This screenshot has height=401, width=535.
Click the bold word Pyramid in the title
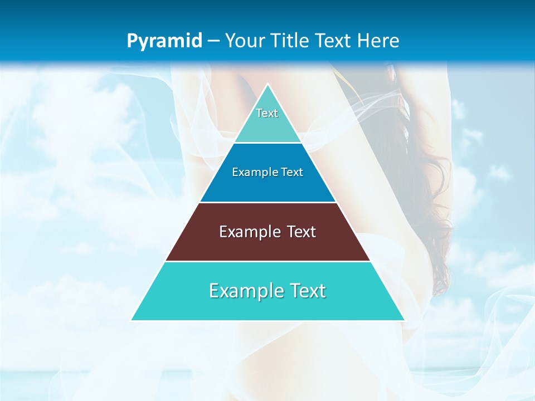[164, 41]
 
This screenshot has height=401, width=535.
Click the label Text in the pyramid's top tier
[267, 113]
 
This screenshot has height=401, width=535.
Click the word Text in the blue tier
[292, 173]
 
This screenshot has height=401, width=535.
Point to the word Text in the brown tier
[301, 232]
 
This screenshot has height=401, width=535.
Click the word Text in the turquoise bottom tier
[307, 291]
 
